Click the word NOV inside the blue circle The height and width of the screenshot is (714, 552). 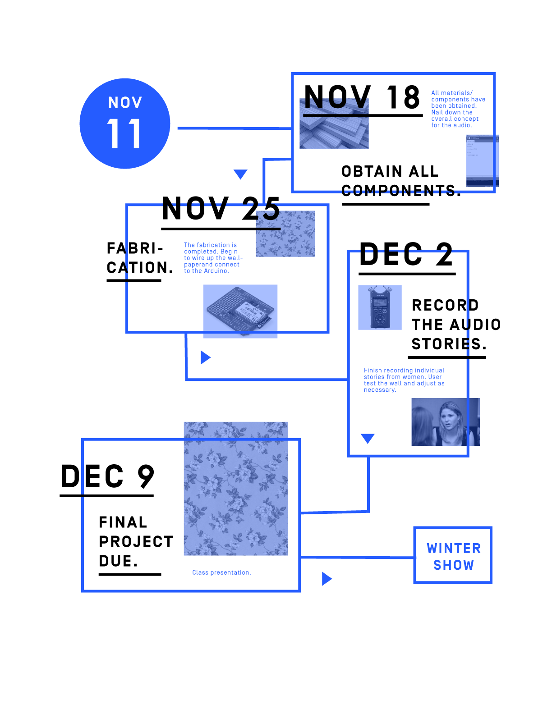click(x=125, y=103)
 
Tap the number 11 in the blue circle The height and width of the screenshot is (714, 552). click(x=124, y=133)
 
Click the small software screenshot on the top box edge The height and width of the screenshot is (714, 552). click(x=482, y=160)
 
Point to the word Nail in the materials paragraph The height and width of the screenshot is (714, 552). click(x=437, y=112)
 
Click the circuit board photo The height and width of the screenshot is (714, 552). click(x=240, y=311)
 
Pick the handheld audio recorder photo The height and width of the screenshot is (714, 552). click(x=380, y=307)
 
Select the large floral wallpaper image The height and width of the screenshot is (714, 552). click(x=235, y=489)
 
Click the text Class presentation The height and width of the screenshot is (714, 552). click(x=221, y=572)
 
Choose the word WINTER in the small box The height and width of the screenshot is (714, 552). click(x=454, y=548)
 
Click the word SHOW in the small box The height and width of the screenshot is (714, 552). click(x=454, y=565)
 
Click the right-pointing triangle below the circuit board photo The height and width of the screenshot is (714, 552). click(x=205, y=357)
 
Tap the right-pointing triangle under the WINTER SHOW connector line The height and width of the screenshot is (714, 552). click(x=327, y=579)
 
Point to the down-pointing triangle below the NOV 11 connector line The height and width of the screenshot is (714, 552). click(x=240, y=174)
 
